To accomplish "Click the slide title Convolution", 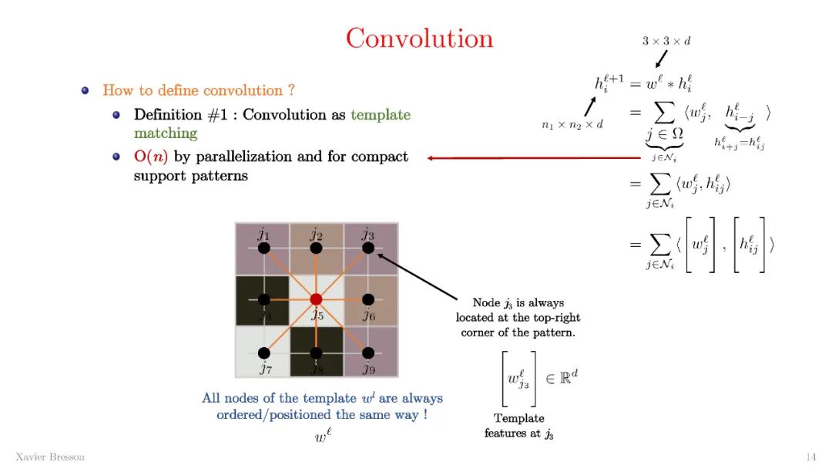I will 419,39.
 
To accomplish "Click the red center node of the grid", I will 316,299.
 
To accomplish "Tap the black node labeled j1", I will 263,248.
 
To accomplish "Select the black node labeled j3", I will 368,248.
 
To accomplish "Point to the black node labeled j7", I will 263,353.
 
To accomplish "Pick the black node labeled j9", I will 368,353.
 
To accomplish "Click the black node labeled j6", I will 368,299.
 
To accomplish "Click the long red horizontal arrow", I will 532,158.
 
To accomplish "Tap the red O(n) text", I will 151,157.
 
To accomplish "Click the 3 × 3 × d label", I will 666,41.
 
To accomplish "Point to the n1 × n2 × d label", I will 572,123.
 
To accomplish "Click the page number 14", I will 810,457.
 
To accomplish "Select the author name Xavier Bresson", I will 50,457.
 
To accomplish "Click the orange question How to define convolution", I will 199,91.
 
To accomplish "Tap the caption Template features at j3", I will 518,426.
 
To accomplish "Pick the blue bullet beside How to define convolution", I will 86,91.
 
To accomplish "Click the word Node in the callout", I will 486,302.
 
